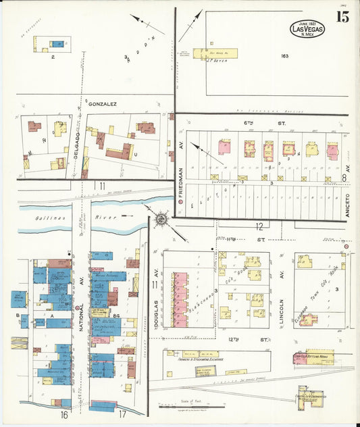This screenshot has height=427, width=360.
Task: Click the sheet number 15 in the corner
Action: point(342,17)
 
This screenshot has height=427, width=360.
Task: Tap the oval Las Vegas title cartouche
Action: point(307,28)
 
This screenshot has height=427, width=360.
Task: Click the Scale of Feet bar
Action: point(182,407)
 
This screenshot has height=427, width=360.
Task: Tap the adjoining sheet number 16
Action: point(64,413)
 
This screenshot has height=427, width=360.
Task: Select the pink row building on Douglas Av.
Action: point(180,299)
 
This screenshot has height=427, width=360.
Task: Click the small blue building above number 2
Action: point(59,45)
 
